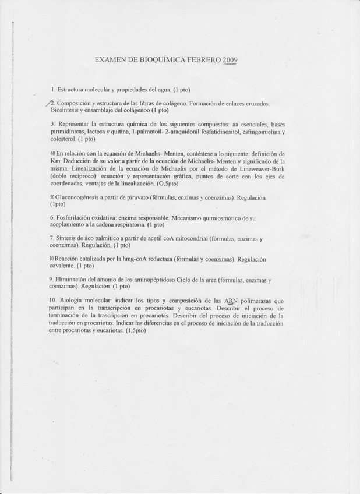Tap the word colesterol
(x=63, y=139)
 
